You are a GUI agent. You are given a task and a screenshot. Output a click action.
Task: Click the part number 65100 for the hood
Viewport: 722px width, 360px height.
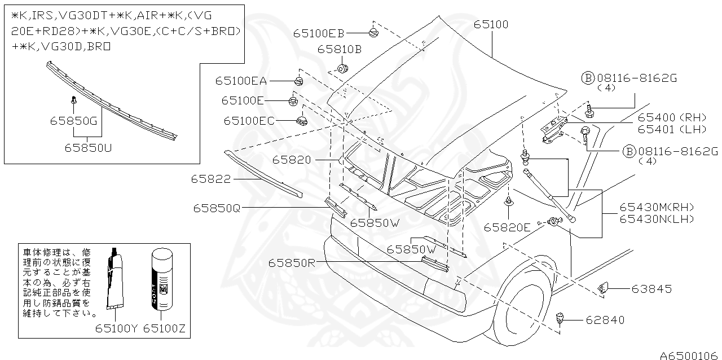[x=491, y=24]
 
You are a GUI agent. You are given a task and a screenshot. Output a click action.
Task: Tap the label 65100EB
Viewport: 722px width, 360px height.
[x=319, y=33]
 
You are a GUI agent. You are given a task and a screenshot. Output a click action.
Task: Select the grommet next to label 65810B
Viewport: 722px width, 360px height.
[x=342, y=68]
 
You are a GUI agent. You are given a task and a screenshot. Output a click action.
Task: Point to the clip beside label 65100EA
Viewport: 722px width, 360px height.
[x=299, y=81]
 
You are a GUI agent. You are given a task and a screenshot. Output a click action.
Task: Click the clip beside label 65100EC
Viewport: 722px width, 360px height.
[x=302, y=121]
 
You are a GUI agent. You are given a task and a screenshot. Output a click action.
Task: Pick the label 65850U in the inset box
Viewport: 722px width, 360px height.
[x=88, y=148]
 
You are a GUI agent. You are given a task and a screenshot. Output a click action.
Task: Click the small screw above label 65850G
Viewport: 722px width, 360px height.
[x=74, y=100]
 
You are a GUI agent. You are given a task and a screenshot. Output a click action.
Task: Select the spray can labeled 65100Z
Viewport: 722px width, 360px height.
[x=162, y=279]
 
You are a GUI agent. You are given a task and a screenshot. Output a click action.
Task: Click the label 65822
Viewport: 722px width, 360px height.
[x=211, y=179]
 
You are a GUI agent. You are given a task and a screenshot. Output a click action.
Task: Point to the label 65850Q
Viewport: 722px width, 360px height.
[x=217, y=208]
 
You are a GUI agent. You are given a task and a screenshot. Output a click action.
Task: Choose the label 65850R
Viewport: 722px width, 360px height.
[x=292, y=263]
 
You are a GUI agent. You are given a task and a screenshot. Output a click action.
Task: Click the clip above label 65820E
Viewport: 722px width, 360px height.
[x=509, y=201]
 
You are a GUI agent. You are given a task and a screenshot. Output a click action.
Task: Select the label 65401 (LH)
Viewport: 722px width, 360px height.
[x=672, y=130]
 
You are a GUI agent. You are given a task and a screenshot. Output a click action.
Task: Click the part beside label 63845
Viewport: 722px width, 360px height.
[x=602, y=287]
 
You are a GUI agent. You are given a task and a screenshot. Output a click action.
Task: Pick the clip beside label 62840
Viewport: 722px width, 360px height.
[x=560, y=318]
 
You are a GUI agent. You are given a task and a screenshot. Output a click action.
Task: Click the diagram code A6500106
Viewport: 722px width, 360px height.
[x=689, y=355]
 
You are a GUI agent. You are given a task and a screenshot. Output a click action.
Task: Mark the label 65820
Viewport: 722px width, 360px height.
[x=292, y=160]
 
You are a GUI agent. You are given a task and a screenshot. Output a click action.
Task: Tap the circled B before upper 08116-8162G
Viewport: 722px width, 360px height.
[x=588, y=78]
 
